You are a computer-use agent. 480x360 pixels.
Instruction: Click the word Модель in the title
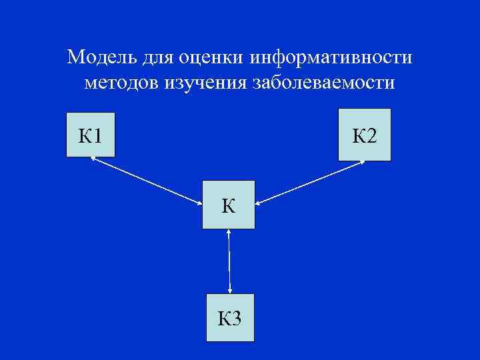pos(102,58)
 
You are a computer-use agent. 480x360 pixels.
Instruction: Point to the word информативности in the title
pos(331,58)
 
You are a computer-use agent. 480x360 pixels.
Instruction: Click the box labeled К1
pos(90,135)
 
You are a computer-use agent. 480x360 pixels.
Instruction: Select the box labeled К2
pos(364,137)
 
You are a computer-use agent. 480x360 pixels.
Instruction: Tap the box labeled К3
pos(229,317)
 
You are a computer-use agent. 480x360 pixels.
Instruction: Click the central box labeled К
pos(229,204)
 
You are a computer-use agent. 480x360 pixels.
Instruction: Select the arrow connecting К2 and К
pos(309,182)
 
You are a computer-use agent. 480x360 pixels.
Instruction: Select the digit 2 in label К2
pos(371,137)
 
